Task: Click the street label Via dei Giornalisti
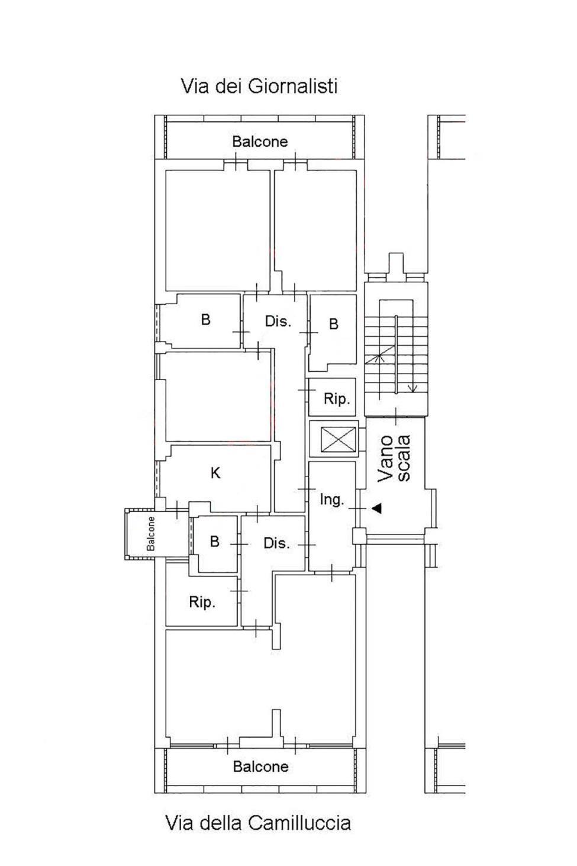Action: pyautogui.click(x=259, y=86)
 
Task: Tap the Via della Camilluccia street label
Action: pyautogui.click(x=258, y=823)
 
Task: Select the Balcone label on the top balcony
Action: pyautogui.click(x=260, y=141)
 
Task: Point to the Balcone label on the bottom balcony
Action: pyautogui.click(x=261, y=766)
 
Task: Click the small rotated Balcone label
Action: pyautogui.click(x=151, y=534)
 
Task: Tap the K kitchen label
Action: pyautogui.click(x=215, y=473)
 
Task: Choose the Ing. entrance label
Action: pyautogui.click(x=331, y=500)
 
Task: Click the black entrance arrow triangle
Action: pyautogui.click(x=377, y=508)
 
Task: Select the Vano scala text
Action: pyautogui.click(x=394, y=459)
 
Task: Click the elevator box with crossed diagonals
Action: pyautogui.click(x=338, y=439)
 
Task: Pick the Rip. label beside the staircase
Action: pyautogui.click(x=337, y=398)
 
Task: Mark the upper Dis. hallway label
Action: pyautogui.click(x=278, y=321)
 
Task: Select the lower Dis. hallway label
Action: pyautogui.click(x=277, y=543)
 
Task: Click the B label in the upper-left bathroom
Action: pyautogui.click(x=205, y=320)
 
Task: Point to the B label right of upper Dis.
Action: pyautogui.click(x=334, y=324)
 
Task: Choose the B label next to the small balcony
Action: pyautogui.click(x=214, y=541)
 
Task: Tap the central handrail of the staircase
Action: pyautogui.click(x=396, y=355)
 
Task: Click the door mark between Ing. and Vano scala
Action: pyautogui.click(x=357, y=508)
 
